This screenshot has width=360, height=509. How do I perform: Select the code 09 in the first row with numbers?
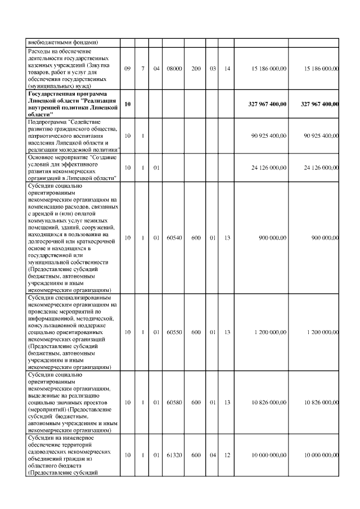127,69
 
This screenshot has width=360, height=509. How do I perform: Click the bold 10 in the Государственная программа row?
127,104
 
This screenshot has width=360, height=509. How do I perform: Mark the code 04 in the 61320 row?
213,455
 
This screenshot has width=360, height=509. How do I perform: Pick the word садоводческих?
50,452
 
